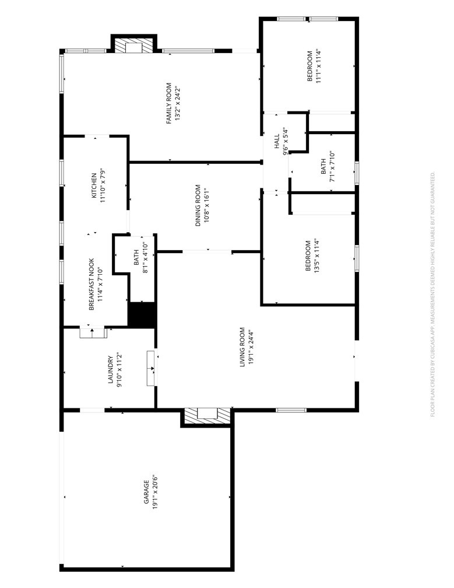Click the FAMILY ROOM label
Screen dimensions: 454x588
click(169, 103)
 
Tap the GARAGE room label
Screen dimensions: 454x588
click(146, 492)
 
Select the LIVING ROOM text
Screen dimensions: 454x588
click(242, 347)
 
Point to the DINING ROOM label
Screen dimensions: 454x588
click(198, 205)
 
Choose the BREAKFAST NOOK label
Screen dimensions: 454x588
click(91, 284)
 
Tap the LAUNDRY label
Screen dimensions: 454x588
click(111, 370)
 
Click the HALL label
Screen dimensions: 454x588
click(277, 141)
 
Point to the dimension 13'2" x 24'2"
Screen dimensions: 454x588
click(178, 104)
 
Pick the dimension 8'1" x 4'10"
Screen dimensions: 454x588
click(145, 258)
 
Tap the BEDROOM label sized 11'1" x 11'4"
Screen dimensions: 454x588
click(310, 66)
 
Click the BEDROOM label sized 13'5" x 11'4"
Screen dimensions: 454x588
click(308, 256)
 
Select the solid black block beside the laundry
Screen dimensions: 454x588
click(142, 314)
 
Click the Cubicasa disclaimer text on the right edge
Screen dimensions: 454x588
click(432, 294)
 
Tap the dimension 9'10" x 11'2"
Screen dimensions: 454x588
click(119, 370)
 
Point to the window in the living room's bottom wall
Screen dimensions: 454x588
click(291, 410)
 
